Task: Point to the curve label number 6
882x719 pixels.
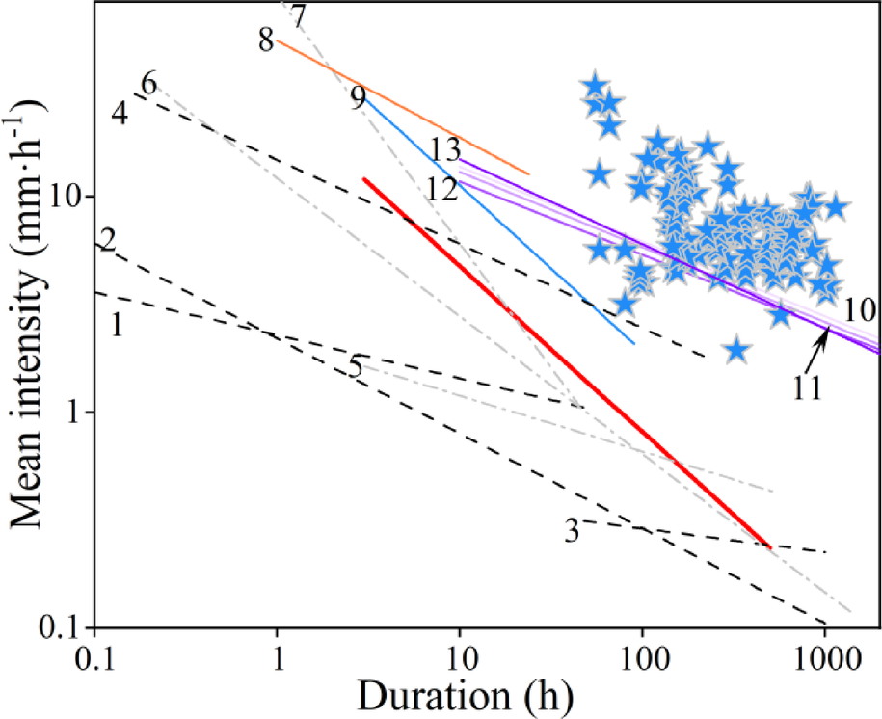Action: point(148,83)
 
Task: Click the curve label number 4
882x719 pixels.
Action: point(120,113)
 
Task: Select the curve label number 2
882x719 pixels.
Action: point(108,238)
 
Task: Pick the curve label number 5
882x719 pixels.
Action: point(356,367)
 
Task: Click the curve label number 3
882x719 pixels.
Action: point(572,529)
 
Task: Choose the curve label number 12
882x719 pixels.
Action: point(441,188)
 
